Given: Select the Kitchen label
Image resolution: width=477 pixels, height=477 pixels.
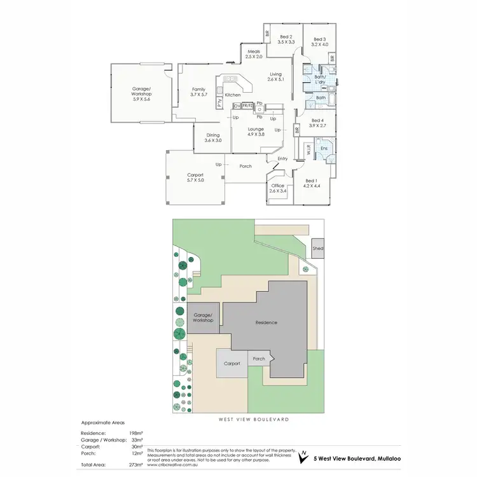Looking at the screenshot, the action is pyautogui.click(x=232, y=95).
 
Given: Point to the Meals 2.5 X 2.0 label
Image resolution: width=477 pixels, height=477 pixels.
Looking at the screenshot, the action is pyautogui.click(x=254, y=54).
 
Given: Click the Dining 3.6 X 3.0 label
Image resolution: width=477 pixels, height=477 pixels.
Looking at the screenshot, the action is pyautogui.click(x=213, y=137).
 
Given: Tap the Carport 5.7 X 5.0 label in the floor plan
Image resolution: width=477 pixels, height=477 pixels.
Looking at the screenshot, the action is pyautogui.click(x=195, y=177).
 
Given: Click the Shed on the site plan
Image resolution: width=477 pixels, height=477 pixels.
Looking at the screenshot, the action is pyautogui.click(x=317, y=249).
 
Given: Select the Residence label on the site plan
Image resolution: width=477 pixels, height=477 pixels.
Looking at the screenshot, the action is pyautogui.click(x=266, y=322).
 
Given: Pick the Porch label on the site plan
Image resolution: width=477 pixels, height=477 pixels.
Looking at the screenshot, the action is pyautogui.click(x=259, y=359).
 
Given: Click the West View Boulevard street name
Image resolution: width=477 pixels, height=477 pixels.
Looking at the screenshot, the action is pyautogui.click(x=254, y=420).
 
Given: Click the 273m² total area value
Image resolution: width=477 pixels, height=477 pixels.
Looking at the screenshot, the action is pyautogui.click(x=135, y=465).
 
